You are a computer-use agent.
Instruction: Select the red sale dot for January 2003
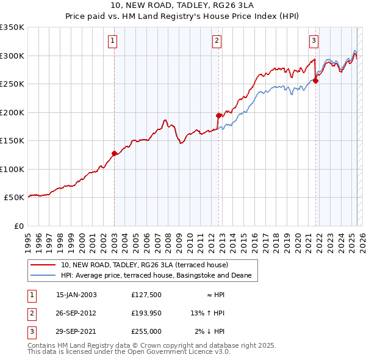114,154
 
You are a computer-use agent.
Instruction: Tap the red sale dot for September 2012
218,115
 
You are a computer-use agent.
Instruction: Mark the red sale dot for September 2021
315,81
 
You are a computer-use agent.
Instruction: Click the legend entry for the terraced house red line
145,265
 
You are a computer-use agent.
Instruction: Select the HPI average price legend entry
156,276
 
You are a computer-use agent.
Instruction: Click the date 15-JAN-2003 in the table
76,295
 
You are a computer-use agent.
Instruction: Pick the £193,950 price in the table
146,313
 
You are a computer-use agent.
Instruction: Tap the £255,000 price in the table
146,331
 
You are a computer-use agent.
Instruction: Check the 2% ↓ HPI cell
210,331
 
